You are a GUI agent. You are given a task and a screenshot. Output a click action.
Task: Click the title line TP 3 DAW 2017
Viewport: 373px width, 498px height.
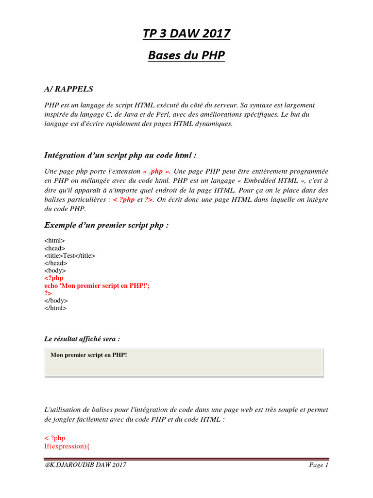(x=186, y=34)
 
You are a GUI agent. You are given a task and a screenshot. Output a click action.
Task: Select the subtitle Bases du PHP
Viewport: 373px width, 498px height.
(x=186, y=55)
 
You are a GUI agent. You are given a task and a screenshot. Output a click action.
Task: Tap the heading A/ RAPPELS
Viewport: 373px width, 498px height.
(x=68, y=89)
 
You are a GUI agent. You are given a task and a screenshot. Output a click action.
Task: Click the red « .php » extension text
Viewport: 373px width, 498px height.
(x=156, y=172)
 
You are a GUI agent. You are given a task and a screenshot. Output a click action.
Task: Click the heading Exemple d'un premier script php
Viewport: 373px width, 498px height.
(x=106, y=225)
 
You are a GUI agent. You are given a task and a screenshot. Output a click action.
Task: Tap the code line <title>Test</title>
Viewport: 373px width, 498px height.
(x=70, y=256)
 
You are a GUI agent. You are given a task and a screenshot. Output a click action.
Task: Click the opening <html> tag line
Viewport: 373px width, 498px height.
(x=54, y=241)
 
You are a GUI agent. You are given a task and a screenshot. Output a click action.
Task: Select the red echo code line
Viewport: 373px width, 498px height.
(x=97, y=286)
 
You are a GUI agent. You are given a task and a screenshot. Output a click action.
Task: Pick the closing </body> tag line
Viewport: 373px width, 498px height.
(x=56, y=301)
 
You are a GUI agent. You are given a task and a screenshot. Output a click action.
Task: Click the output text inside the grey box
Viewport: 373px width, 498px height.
(x=88, y=355)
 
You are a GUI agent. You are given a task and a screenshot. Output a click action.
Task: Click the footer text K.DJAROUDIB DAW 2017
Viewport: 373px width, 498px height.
(x=85, y=465)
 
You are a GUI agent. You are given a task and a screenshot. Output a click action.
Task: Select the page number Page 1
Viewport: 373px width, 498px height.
(x=319, y=465)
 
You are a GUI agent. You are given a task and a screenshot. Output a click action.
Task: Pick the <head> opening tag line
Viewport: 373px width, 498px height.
(x=55, y=248)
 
